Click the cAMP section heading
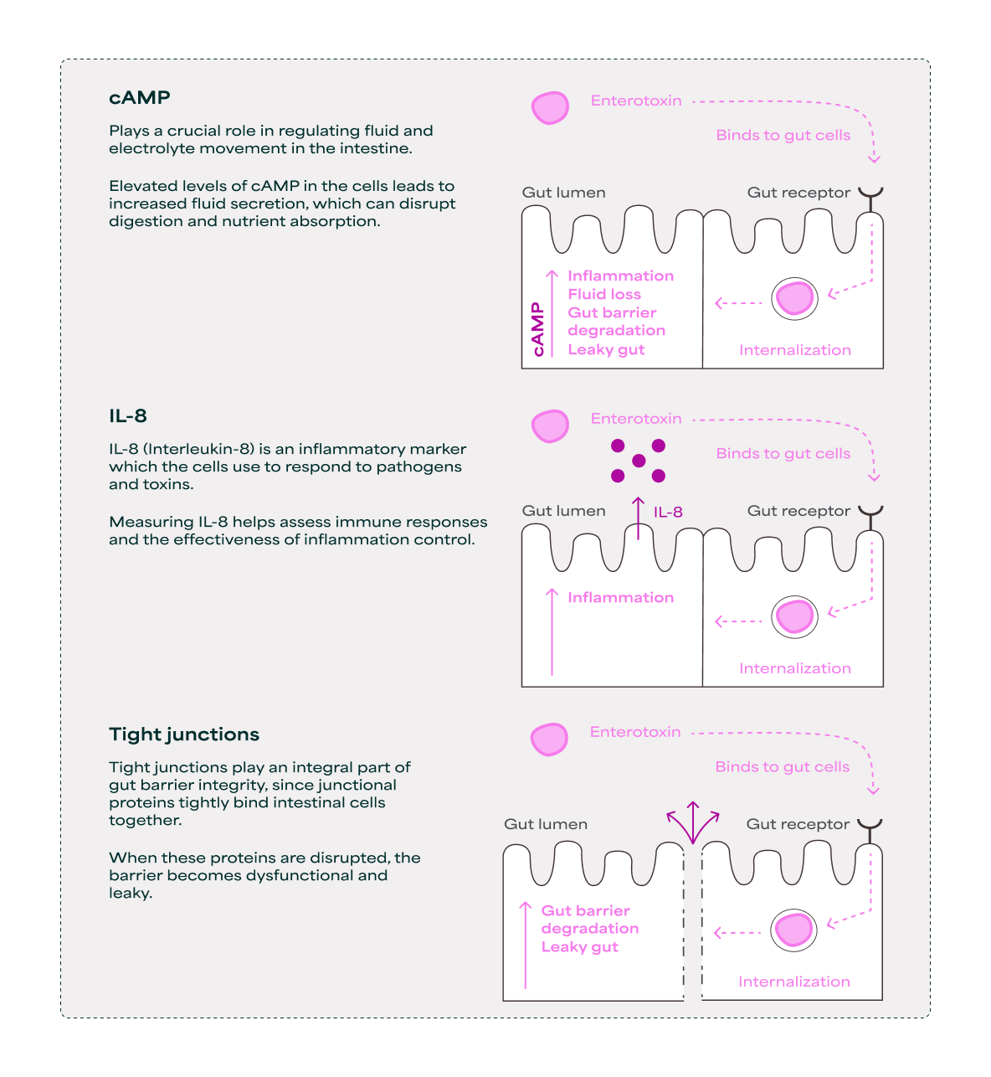pos(140,97)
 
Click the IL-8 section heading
pos(128,415)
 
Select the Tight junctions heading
pos(184,734)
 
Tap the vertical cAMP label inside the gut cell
pos(537,329)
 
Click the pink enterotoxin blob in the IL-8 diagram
pos(550,425)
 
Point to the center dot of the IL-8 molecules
pos(639,461)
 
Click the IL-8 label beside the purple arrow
pos(668,512)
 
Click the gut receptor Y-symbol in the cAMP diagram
pos(871,198)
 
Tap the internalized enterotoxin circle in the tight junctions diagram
pos(793,930)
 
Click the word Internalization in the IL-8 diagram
pos(795,668)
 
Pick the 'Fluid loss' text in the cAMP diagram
pos(604,294)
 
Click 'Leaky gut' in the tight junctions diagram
pos(580,946)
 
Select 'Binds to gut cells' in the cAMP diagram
pos(783,135)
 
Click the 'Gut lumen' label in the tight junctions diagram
pos(546,824)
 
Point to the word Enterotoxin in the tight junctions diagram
pos(635,732)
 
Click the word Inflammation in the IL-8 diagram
pos(621,597)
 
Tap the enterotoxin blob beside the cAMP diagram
pos(550,108)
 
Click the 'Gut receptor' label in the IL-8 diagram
pos(798,511)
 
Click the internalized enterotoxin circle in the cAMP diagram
pos(794,298)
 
